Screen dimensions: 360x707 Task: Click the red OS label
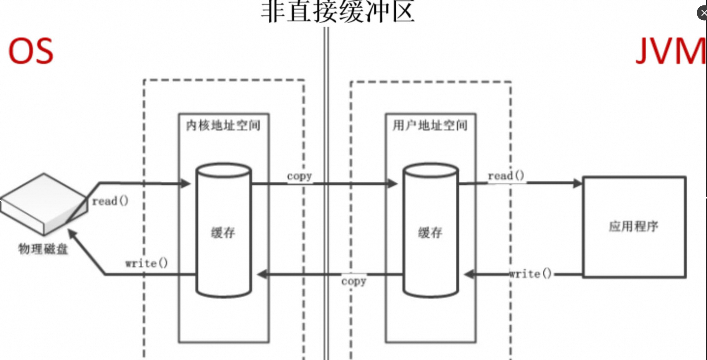pyautogui.click(x=31, y=51)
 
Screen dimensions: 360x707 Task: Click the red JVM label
pyautogui.click(x=670, y=51)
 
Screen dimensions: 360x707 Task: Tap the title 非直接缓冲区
pyautogui.click(x=338, y=12)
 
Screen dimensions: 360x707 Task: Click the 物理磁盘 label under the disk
pyautogui.click(x=43, y=249)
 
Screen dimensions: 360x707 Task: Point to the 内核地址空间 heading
pyautogui.click(x=223, y=125)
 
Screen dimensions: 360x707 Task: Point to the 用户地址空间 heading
pyautogui.click(x=430, y=125)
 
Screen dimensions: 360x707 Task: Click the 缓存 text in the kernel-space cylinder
pyautogui.click(x=223, y=233)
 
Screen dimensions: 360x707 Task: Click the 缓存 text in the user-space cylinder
pyautogui.click(x=430, y=233)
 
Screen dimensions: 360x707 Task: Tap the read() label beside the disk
pyautogui.click(x=110, y=201)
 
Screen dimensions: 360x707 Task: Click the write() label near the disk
pyautogui.click(x=146, y=263)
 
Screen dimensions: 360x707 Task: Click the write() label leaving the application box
pyautogui.click(x=530, y=274)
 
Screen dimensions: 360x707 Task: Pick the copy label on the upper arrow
pyautogui.click(x=299, y=176)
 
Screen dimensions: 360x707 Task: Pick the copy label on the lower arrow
pyautogui.click(x=354, y=281)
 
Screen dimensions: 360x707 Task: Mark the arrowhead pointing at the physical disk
pyautogui.click(x=72, y=234)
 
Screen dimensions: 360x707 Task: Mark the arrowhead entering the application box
pyautogui.click(x=577, y=183)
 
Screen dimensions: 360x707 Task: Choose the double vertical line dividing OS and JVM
pyautogui.click(x=326, y=191)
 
